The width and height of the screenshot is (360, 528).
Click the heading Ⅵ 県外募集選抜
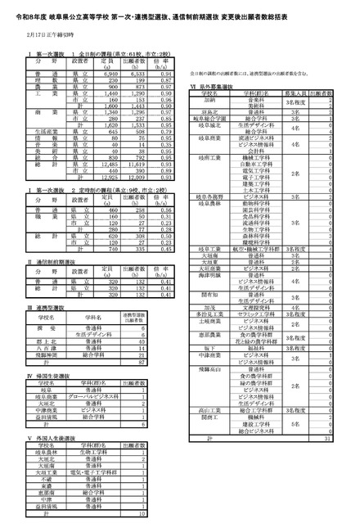coord(217,84)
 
